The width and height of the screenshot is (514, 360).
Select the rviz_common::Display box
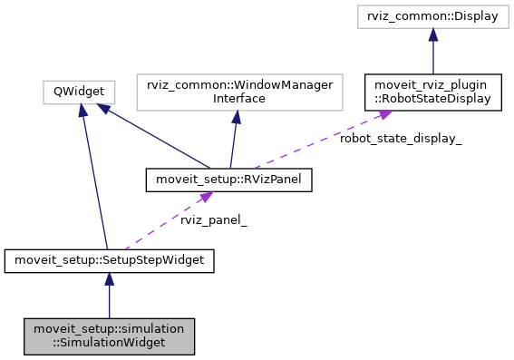[433, 16]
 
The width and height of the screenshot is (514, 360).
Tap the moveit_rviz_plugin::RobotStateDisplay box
[433, 91]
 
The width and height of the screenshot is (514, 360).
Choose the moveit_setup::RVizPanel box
[229, 180]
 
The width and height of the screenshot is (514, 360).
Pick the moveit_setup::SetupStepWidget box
[109, 261]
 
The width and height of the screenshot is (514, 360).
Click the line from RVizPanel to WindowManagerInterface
[232, 141]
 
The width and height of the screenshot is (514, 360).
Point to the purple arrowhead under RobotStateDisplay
[384, 114]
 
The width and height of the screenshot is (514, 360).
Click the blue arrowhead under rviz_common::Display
[433, 34]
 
